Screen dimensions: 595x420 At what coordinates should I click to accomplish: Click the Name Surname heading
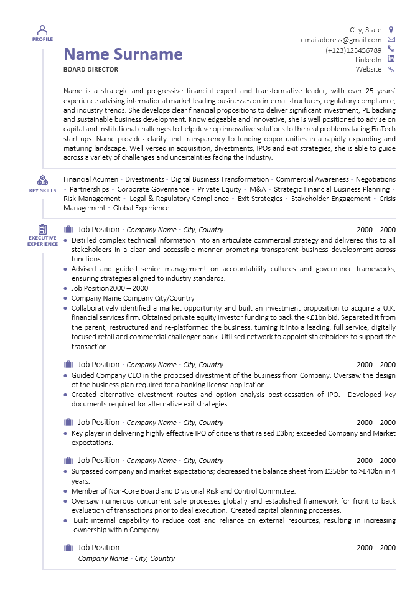123,54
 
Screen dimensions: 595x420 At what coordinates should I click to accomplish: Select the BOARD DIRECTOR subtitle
91,70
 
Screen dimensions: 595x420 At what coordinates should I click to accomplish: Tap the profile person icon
42,30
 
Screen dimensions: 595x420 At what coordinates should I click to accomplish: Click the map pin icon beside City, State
391,30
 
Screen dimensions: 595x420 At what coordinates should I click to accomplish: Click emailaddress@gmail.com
341,40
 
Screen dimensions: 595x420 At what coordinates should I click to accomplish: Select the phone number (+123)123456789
353,50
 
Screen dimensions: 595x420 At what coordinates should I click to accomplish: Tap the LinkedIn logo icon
391,59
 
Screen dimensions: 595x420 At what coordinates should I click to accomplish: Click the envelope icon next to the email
391,40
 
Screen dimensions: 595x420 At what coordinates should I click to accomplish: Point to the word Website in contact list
368,69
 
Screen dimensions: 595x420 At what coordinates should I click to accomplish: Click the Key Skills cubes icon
42,180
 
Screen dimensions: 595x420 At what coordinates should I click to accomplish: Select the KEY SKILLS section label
42,190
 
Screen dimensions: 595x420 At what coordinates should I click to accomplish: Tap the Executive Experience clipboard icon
42,229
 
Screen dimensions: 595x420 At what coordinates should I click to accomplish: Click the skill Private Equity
219,189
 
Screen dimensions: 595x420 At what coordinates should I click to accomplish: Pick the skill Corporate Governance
153,189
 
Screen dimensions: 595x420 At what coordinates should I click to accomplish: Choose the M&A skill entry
258,189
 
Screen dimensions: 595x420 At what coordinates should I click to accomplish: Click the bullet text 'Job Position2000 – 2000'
110,288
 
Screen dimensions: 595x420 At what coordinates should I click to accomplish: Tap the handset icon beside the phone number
391,49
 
